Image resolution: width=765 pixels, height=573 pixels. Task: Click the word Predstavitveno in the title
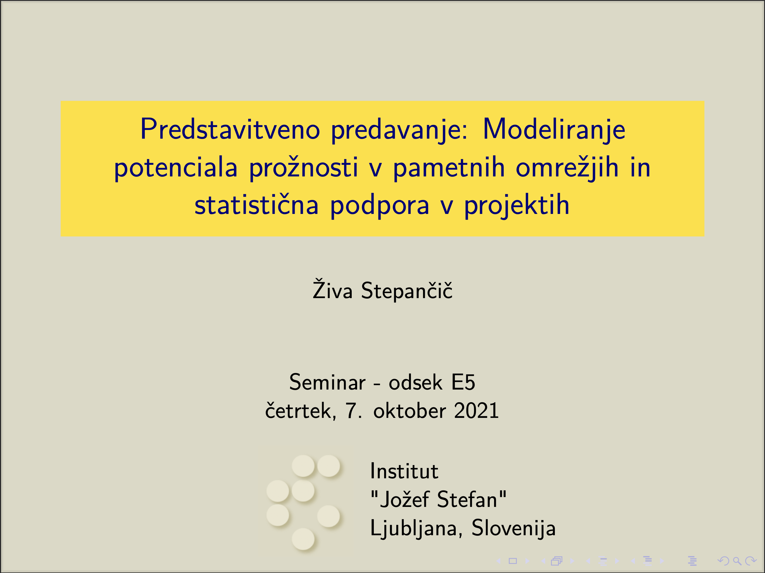tap(230, 129)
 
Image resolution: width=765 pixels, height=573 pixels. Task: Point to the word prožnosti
tap(303, 167)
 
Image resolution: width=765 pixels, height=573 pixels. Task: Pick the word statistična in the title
tap(256, 205)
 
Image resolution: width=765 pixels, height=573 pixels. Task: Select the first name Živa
tap(332, 289)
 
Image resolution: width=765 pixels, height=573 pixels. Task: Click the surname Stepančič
tap(406, 290)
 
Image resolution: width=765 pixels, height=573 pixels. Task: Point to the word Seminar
tap(327, 382)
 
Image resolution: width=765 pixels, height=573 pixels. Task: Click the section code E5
tap(463, 382)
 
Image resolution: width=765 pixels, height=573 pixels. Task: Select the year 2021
tap(476, 411)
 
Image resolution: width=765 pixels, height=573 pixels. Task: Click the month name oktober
tap(410, 411)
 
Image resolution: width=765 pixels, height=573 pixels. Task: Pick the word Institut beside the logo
tap(404, 471)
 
